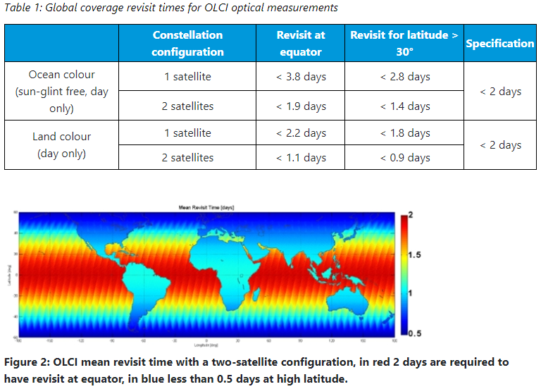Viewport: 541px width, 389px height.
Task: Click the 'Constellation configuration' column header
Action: point(187,43)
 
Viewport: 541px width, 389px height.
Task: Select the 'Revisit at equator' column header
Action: point(301,43)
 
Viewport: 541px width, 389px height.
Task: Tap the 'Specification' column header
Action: point(499,43)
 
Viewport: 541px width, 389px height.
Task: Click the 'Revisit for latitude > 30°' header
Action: point(405,43)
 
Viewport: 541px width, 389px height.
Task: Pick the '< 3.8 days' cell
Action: point(301,76)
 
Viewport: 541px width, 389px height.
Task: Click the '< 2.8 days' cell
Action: point(405,76)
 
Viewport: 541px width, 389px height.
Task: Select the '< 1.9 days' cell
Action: point(301,106)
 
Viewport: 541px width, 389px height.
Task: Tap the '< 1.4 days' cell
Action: point(405,106)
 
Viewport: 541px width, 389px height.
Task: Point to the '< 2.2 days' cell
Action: point(301,132)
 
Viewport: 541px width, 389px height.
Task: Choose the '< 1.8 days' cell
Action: point(405,132)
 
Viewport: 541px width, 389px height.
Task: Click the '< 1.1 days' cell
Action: point(301,157)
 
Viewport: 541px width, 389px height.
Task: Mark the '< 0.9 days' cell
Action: point(405,157)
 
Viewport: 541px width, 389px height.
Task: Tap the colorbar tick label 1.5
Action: point(416,254)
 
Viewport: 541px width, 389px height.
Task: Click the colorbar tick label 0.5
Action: point(416,333)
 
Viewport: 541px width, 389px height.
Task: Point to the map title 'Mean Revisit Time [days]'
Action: point(207,208)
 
